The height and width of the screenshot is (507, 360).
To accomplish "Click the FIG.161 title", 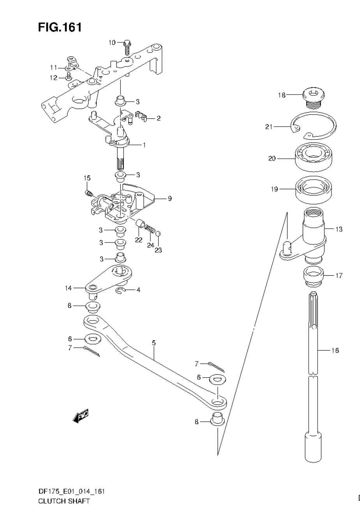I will click(x=60, y=27).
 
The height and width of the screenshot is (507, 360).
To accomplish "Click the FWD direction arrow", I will click(x=81, y=416).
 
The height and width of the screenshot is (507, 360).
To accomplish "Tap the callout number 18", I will click(x=282, y=95).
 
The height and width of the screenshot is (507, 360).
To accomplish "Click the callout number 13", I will click(x=339, y=229).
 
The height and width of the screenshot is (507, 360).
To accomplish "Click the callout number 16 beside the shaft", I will click(x=335, y=350).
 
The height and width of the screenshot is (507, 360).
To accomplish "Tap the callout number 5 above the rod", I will click(x=154, y=343).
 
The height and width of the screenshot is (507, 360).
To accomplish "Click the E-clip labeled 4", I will click(x=120, y=290).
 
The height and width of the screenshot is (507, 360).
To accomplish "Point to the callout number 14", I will click(x=69, y=288).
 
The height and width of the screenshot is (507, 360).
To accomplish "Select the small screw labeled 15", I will click(x=88, y=192).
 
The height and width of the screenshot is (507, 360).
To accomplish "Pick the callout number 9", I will click(x=170, y=198).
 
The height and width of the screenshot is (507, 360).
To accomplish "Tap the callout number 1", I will click(x=144, y=145).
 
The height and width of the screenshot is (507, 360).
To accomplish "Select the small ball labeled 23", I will click(x=158, y=233).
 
